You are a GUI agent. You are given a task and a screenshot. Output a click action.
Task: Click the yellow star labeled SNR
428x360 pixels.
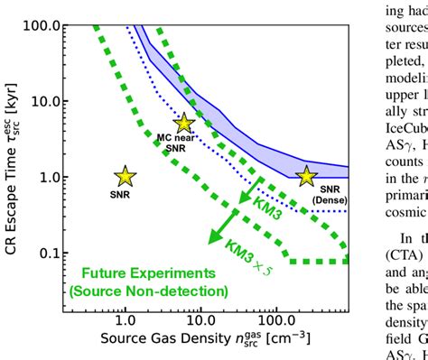coord(125,177)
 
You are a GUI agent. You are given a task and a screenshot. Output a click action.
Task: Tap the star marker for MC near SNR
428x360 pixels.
coord(184,124)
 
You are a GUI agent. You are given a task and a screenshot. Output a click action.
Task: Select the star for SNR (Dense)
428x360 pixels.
coord(307,177)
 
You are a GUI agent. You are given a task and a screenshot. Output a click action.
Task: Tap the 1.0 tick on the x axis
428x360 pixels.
coord(125,322)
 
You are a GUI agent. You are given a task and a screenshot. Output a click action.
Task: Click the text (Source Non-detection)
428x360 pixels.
coord(149,291)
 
